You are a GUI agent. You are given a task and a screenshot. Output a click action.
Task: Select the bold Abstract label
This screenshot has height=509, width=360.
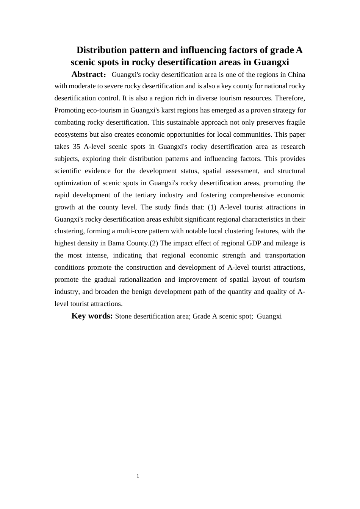pos(87,74)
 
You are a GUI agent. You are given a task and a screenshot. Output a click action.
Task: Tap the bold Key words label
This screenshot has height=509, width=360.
pos(92,316)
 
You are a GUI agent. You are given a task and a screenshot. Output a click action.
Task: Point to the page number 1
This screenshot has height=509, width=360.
pos(138,476)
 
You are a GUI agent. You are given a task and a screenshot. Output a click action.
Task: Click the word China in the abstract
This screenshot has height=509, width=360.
pos(296,74)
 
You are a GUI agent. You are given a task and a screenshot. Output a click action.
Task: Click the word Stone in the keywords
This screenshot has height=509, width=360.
pos(124,316)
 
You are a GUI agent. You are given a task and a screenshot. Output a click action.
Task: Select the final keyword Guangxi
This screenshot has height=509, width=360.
pos(269,316)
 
